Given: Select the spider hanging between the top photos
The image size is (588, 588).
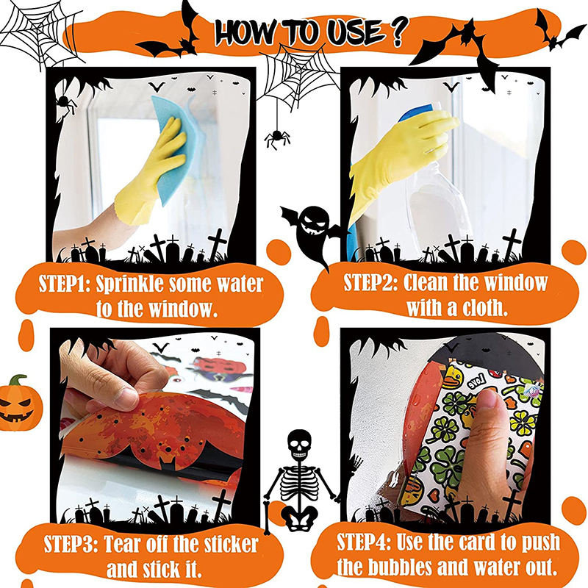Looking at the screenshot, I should (x=277, y=137).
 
